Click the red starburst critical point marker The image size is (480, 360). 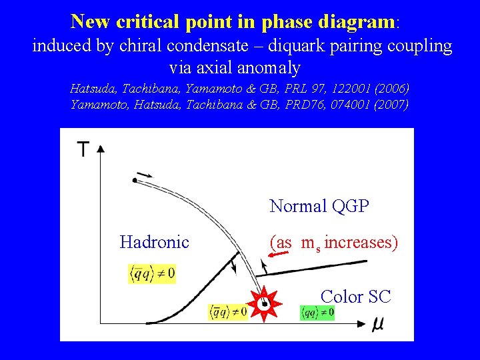click(264, 304)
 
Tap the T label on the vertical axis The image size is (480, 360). click(83, 149)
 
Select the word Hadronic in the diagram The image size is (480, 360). click(154, 242)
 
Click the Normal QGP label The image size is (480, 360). click(319, 206)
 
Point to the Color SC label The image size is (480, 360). click(355, 297)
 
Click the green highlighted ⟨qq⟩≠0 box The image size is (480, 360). click(317, 311)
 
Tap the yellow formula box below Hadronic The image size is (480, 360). click(152, 273)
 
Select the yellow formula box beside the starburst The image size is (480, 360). click(228, 311)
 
